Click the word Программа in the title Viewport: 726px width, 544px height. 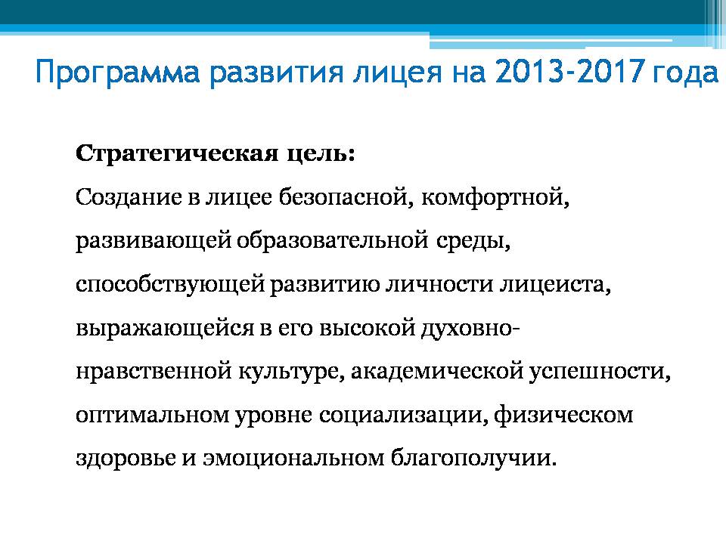[118, 73]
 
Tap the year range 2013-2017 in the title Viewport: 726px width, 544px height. [569, 71]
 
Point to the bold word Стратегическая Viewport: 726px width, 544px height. [177, 153]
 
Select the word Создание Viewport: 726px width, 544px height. [129, 198]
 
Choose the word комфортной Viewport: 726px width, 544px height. [495, 198]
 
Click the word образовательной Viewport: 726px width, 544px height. [333, 240]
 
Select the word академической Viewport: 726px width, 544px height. [436, 372]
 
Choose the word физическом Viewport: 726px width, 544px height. [563, 415]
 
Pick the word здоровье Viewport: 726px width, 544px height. [126, 459]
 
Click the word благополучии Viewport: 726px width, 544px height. [473, 459]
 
